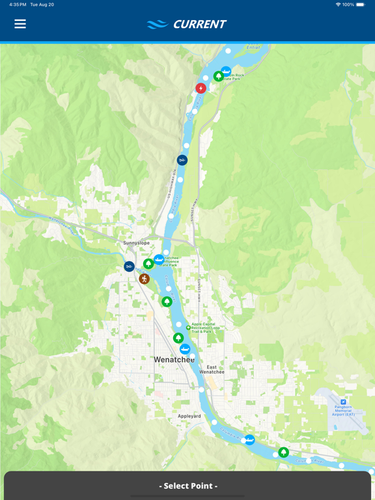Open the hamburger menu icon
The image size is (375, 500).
[20, 24]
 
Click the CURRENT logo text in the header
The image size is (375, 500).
[199, 25]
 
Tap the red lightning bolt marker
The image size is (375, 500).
[201, 88]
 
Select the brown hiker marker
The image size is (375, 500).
[144, 279]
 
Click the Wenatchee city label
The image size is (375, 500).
[174, 359]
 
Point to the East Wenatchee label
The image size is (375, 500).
[212, 369]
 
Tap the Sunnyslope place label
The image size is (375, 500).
[137, 243]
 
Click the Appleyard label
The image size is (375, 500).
[189, 416]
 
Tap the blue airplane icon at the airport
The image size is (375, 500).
[343, 402]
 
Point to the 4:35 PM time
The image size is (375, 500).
[18, 5]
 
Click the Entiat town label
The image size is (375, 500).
[253, 47]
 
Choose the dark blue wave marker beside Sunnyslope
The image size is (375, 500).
[130, 266]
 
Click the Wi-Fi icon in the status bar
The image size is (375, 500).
[338, 5]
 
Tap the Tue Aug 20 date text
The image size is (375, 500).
[42, 5]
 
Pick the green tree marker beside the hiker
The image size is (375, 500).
[148, 264]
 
